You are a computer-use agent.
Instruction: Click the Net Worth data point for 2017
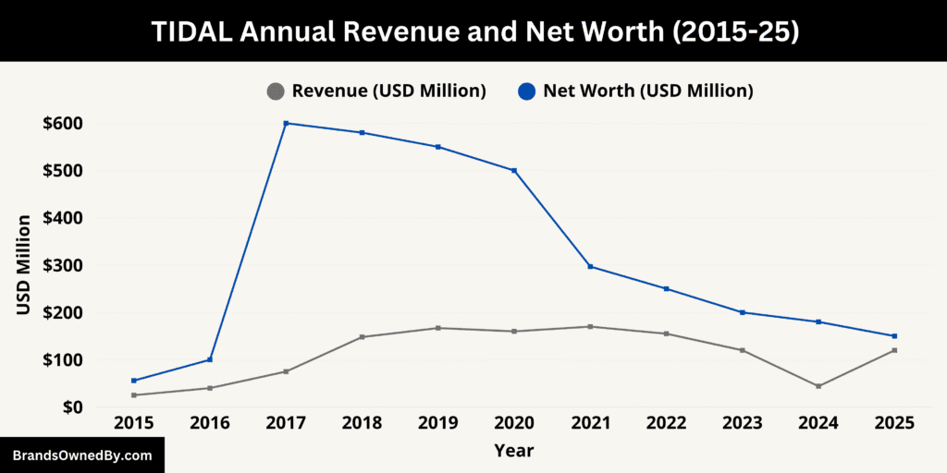[x=286, y=123]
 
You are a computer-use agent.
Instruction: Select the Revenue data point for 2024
[x=818, y=386]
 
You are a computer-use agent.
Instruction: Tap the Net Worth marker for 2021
[x=590, y=267]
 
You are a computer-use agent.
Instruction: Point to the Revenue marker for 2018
[x=362, y=336]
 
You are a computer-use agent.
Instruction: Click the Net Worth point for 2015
[x=134, y=381]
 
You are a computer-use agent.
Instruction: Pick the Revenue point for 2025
[x=894, y=350]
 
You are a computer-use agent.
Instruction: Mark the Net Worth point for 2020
[x=514, y=170]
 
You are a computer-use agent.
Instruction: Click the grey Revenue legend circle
[x=275, y=91]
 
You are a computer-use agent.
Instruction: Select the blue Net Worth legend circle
[x=526, y=91]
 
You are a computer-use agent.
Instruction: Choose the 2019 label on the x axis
[x=438, y=423]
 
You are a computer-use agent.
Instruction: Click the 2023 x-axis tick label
[x=743, y=423]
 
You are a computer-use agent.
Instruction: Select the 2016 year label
[x=210, y=423]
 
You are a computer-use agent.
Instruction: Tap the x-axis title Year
[x=513, y=451]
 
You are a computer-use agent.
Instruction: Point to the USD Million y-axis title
[x=24, y=265]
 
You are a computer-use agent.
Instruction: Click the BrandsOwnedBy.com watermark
[x=82, y=455]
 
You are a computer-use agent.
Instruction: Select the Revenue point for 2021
[x=590, y=326]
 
